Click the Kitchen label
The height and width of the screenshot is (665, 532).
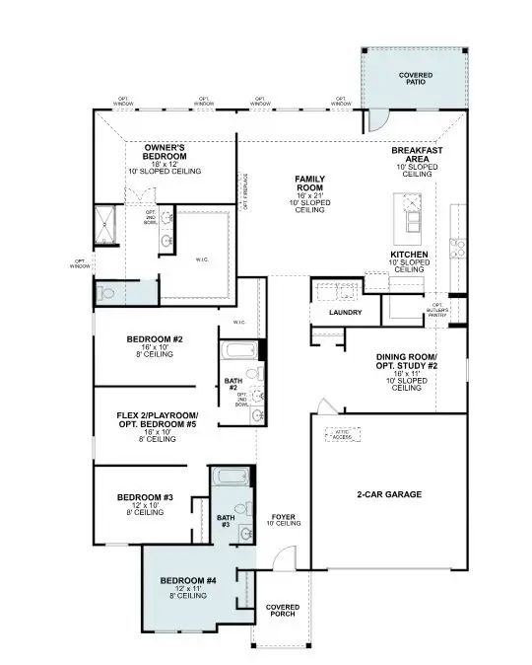(410, 259)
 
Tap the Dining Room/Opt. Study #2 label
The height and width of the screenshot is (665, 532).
(407, 371)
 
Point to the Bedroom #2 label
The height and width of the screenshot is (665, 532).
(156, 345)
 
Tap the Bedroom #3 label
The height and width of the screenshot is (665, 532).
(145, 502)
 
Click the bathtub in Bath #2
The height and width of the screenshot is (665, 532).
(237, 352)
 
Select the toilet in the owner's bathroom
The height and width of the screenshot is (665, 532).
(107, 292)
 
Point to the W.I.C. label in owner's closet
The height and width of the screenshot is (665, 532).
(202, 260)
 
